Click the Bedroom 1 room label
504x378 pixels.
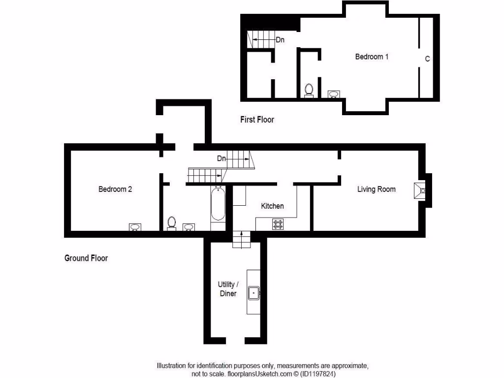(x=372, y=57)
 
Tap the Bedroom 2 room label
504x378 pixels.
(x=115, y=189)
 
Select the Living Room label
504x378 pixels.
(x=376, y=189)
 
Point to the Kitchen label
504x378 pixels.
(x=272, y=206)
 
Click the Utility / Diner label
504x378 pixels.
(x=228, y=289)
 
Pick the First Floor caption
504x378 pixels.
(x=257, y=120)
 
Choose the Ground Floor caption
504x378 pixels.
(x=86, y=258)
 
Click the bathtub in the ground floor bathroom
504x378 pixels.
(x=218, y=204)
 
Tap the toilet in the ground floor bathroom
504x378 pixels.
(x=172, y=223)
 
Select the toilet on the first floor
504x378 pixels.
(x=309, y=91)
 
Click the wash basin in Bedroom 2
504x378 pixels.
(x=135, y=227)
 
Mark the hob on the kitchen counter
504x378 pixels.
(x=278, y=224)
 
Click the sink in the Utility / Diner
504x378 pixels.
(x=254, y=293)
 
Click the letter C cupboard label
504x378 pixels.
(x=427, y=59)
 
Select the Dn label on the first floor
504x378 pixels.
(x=280, y=40)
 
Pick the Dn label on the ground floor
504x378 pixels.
(x=221, y=158)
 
